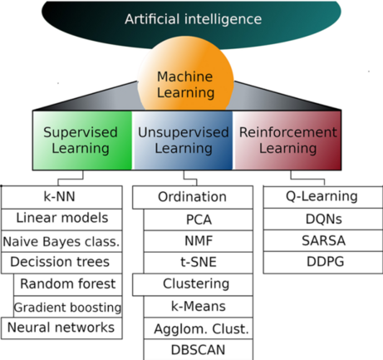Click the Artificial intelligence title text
[192, 18]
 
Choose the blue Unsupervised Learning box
[182, 141]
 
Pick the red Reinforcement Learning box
[288, 141]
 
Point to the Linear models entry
[62, 219]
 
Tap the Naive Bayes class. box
[62, 241]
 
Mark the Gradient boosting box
[68, 307]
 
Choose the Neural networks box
[62, 328]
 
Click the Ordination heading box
[192, 197]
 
